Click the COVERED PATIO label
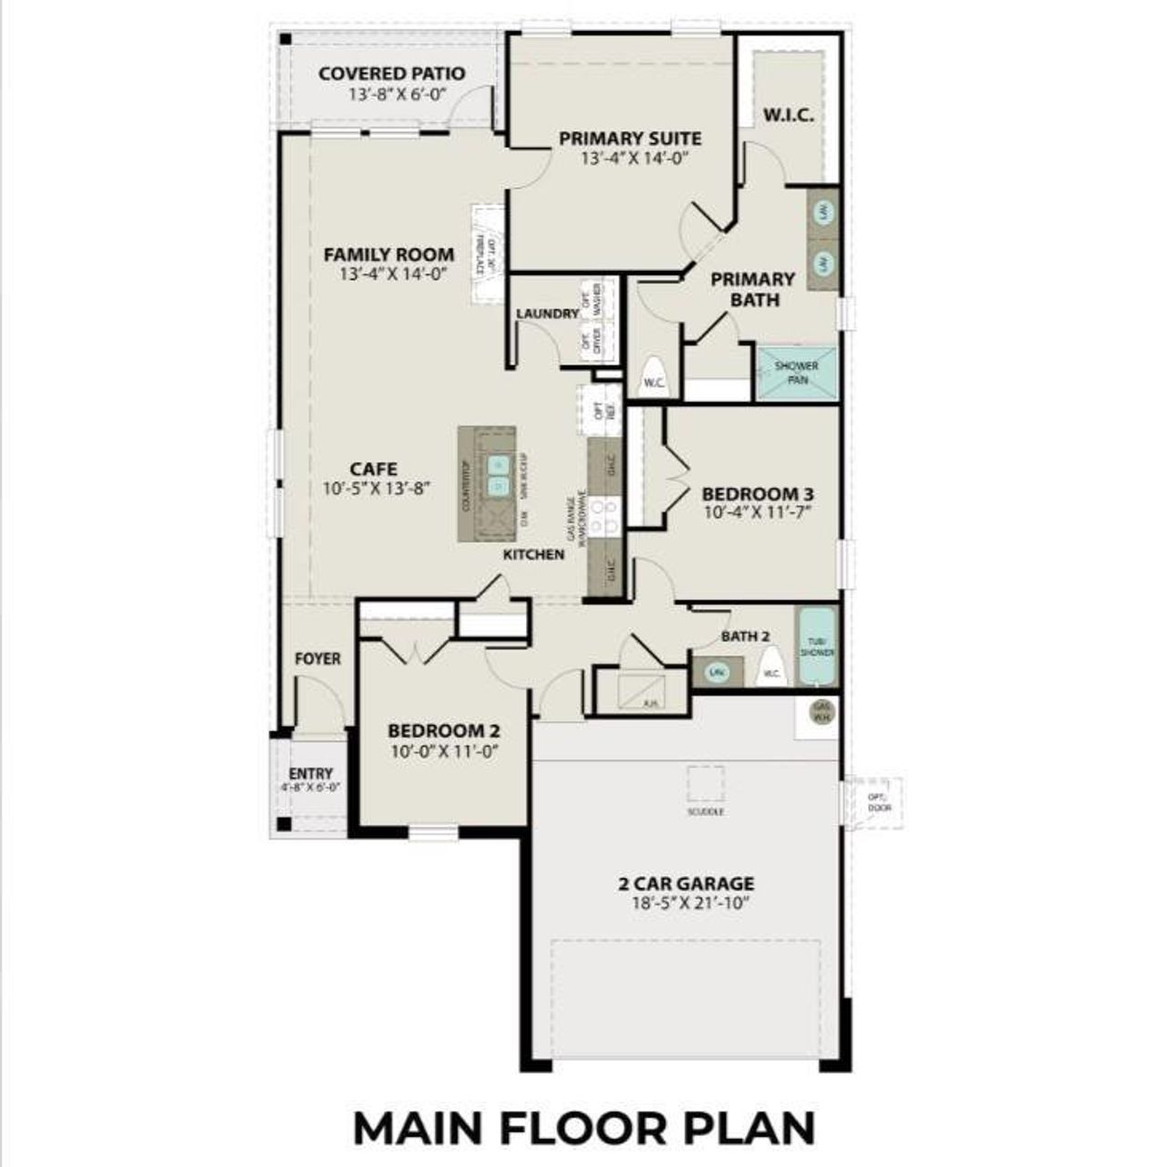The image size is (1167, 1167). [x=391, y=74]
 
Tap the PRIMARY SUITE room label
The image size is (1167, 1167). [x=630, y=139]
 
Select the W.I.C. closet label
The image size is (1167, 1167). [x=789, y=117]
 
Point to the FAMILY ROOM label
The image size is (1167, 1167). [x=388, y=254]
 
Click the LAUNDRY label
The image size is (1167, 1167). [x=547, y=314]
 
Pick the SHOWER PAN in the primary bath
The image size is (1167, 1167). [x=796, y=372]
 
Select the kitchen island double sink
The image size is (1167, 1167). [x=498, y=475]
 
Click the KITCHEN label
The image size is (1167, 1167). [x=534, y=554]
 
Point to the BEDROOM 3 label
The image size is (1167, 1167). [x=757, y=494]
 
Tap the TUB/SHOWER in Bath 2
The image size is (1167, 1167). [x=817, y=647]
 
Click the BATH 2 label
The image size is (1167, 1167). [x=746, y=635]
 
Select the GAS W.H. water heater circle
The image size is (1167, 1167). [x=822, y=711]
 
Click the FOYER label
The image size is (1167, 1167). [x=317, y=658]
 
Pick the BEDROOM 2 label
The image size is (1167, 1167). [x=443, y=731]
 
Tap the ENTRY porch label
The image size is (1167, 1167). [x=311, y=774]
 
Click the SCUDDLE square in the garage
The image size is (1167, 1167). [x=706, y=784]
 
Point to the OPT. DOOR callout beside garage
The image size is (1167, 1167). [x=879, y=802]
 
